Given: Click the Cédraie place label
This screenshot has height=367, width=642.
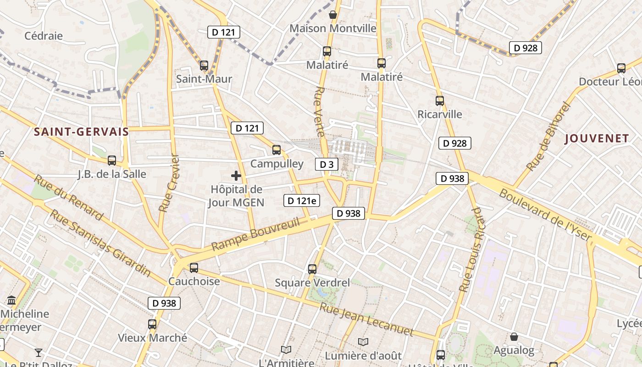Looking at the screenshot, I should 44,36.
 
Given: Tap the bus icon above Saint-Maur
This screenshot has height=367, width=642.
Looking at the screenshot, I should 204,66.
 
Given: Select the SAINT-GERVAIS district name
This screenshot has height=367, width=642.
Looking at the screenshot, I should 82,132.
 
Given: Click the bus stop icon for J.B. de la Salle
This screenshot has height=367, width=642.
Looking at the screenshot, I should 112,161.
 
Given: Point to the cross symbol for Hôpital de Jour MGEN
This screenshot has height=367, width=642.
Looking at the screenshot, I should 236,176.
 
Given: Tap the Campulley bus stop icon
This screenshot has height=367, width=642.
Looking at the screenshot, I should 277,150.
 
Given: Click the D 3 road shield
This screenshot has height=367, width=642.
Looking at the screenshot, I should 327,164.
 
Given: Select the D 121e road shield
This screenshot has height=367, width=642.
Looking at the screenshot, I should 301,200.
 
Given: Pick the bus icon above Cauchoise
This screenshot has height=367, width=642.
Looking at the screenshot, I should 194,267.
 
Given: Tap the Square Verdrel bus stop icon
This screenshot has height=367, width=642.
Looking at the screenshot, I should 312,269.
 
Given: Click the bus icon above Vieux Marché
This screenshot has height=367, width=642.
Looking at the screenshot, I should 152,324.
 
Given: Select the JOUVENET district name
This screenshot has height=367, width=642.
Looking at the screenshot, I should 597,138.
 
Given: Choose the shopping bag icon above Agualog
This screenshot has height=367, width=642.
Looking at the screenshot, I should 514,337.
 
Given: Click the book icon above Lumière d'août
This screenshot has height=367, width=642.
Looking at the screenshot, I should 363,342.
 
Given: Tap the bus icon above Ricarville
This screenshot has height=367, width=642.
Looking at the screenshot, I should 440,101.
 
